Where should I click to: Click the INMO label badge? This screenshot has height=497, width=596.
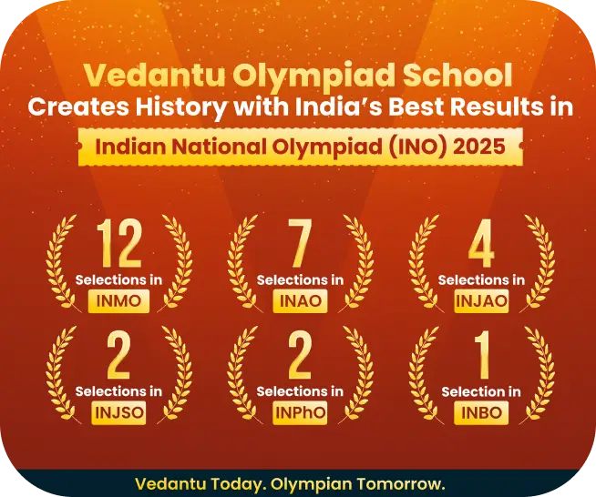point(118,301)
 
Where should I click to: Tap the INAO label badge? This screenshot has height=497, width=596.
point(300,301)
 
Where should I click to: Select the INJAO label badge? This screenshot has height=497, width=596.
point(481,301)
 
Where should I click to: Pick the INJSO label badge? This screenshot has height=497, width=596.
point(118,412)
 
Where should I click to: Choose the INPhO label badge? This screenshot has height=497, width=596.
point(300,412)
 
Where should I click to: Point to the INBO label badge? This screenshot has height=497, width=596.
point(481,412)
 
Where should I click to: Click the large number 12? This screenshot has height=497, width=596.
point(119,243)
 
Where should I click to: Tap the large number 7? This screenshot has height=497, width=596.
point(300,243)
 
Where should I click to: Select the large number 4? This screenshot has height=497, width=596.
point(481,243)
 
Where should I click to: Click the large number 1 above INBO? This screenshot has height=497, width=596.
point(483,355)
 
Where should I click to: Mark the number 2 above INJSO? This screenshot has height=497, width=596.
point(118,355)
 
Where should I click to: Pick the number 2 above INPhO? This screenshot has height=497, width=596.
point(300,355)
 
